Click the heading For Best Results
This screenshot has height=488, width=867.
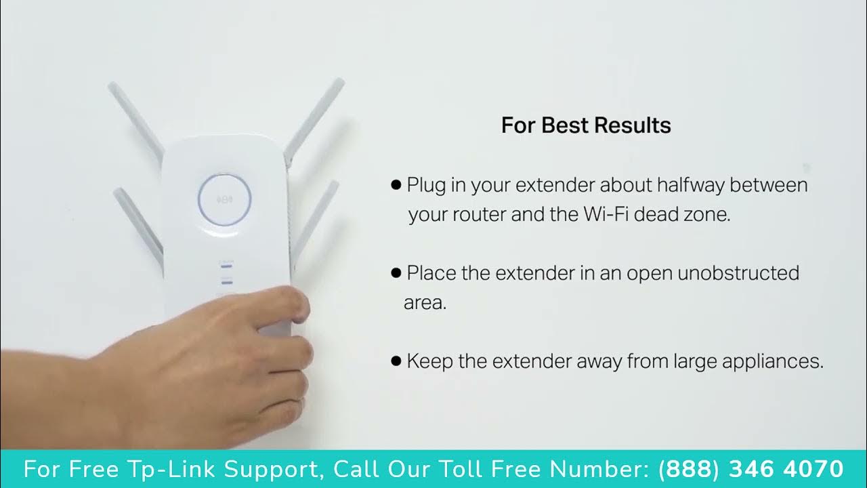(586, 125)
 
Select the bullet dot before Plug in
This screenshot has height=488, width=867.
(396, 185)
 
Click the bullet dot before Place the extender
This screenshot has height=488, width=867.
(396, 273)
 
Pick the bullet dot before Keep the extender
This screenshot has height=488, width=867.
(396, 361)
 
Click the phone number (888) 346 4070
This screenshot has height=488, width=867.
(750, 469)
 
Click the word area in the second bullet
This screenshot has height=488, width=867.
(425, 303)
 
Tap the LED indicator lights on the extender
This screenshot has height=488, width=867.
(226, 274)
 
